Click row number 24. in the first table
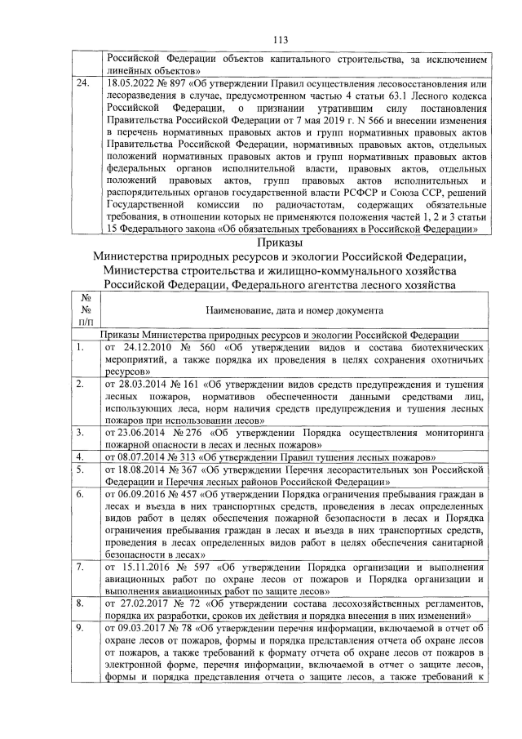click(81, 84)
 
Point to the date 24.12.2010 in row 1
click(148, 346)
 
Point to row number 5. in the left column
click(79, 470)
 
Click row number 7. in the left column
click(79, 566)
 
